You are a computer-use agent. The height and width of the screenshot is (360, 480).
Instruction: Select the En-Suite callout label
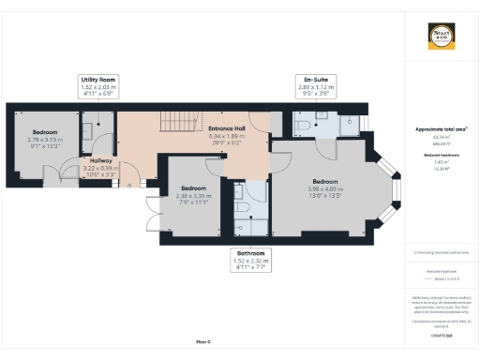[308, 86]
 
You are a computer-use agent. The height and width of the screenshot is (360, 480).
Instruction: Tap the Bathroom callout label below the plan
[249, 260]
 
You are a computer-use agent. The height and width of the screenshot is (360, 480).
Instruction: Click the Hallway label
[100, 165]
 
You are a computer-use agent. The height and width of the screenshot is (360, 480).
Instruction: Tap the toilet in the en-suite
[303, 125]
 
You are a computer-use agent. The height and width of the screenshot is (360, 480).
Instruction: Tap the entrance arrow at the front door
[129, 185]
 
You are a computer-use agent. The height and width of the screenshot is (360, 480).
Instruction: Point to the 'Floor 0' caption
[202, 342]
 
